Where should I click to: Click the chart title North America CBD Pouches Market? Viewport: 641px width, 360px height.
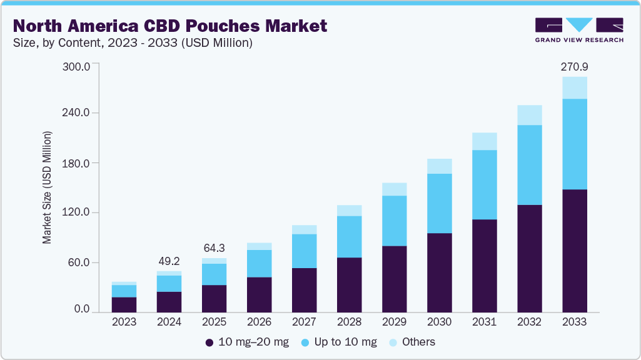pyautogui.click(x=169, y=26)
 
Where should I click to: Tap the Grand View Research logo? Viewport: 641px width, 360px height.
pyautogui.click(x=578, y=30)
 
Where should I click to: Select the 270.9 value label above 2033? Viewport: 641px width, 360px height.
pyautogui.click(x=574, y=66)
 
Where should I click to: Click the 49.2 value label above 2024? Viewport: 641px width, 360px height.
pyautogui.click(x=169, y=262)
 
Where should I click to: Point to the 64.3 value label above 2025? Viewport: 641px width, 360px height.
pyautogui.click(x=214, y=248)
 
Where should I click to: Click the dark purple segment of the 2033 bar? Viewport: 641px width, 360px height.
pyautogui.click(x=574, y=250)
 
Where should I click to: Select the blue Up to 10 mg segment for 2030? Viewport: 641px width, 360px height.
pyautogui.click(x=439, y=203)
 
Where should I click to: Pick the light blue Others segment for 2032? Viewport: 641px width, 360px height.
pyautogui.click(x=529, y=115)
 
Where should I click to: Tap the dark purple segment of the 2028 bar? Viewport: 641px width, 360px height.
pyautogui.click(x=349, y=284)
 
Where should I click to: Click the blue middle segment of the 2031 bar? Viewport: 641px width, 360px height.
pyautogui.click(x=484, y=184)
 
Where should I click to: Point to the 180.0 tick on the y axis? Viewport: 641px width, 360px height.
pyautogui.click(x=78, y=163)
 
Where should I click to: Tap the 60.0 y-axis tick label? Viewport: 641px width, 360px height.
pyautogui.click(x=80, y=262)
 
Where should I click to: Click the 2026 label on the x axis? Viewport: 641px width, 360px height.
pyautogui.click(x=259, y=322)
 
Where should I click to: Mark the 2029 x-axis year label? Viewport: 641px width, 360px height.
pyautogui.click(x=394, y=322)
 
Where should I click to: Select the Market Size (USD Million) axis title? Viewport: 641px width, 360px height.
pyautogui.click(x=47, y=187)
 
